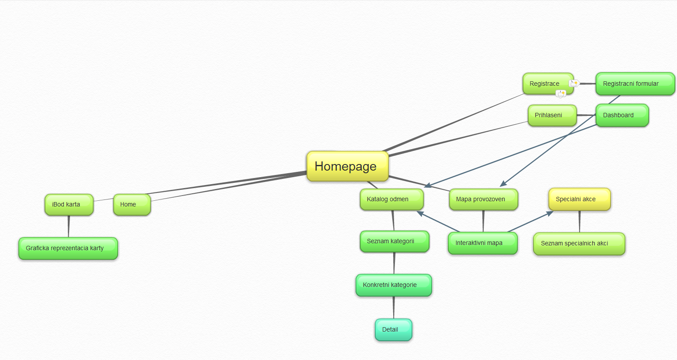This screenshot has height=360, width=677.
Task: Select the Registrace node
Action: (544, 84)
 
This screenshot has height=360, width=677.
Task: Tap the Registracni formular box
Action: (635, 84)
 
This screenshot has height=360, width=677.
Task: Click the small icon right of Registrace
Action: (574, 83)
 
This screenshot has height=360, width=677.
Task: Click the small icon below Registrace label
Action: (561, 94)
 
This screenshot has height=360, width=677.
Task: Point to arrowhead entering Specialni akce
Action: (550, 213)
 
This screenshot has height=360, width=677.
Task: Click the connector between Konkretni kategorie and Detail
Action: (394, 308)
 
